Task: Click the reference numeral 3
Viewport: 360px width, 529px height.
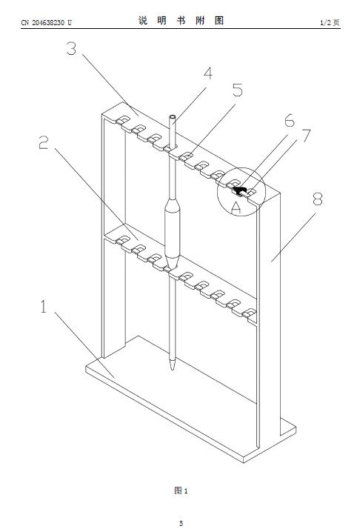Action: (x=71, y=48)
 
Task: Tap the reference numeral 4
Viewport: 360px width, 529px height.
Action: (x=208, y=73)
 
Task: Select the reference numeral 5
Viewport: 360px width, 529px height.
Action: (x=238, y=90)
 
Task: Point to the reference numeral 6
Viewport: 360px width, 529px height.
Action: (x=289, y=121)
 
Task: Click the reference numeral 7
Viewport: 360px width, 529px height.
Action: (x=306, y=135)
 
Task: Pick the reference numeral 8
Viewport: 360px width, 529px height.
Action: (x=317, y=199)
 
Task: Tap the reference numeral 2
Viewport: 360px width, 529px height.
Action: (x=44, y=142)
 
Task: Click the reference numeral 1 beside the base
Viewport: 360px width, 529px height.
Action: (x=44, y=307)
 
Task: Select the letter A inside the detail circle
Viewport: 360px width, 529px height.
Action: (x=236, y=207)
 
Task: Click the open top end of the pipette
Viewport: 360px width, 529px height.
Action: (x=173, y=117)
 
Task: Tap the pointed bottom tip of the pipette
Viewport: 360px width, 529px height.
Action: (x=173, y=369)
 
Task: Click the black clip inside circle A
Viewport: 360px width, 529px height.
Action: (x=239, y=190)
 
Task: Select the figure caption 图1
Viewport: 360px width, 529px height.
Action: (x=181, y=490)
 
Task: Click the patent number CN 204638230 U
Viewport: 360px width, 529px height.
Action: (x=46, y=23)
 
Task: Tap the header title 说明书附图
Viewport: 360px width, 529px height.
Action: (x=181, y=21)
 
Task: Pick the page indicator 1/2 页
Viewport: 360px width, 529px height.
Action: (x=330, y=23)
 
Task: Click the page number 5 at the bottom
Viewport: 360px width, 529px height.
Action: (x=181, y=523)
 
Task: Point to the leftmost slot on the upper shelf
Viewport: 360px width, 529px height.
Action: (x=123, y=119)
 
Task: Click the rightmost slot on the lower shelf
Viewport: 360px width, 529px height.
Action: (x=250, y=313)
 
